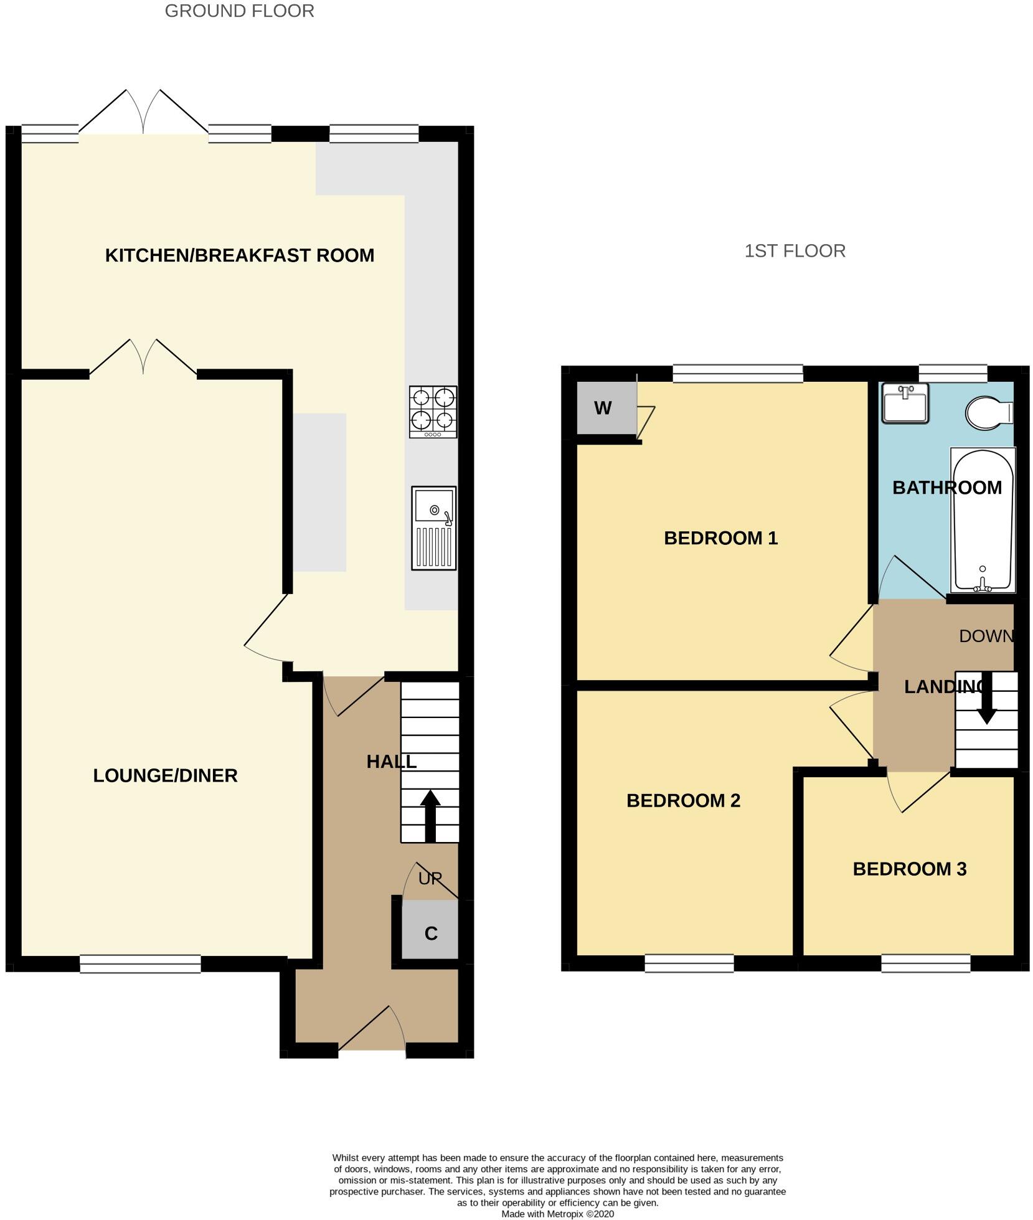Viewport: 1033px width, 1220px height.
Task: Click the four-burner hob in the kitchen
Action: pos(433,412)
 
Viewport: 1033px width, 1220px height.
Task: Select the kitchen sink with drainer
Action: pos(433,528)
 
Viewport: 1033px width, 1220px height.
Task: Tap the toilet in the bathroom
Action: pos(988,412)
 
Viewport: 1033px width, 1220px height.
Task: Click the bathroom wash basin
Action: pos(904,403)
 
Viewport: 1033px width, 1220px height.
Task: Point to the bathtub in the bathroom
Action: pos(983,519)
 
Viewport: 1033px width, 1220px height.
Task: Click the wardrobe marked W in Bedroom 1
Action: pos(602,409)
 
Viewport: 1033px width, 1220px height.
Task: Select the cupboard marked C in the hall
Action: pos(430,933)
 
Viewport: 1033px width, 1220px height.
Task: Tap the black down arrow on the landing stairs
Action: pos(986,697)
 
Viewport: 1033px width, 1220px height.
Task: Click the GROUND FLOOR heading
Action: pos(239,11)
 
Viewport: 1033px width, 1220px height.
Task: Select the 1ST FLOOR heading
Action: pos(795,251)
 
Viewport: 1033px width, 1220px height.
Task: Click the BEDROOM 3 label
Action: pos(909,869)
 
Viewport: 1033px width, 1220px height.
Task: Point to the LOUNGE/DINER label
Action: pos(165,775)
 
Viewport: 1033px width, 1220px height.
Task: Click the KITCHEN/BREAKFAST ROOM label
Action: pos(239,255)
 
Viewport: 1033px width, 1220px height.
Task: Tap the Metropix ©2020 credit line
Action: pos(557,1214)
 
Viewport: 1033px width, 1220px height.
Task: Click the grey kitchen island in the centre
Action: pos(319,492)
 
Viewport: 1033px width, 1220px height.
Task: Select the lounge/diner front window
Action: pos(140,963)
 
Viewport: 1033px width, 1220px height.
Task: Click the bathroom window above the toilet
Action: pos(953,373)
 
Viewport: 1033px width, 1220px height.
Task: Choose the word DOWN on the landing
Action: pos(986,636)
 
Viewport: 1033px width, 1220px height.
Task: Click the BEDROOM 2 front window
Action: pos(689,963)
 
